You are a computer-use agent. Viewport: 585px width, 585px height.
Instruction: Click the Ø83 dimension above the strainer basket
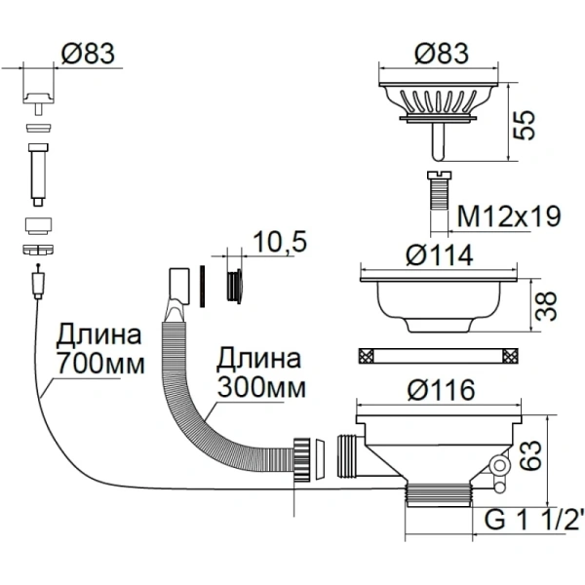point(439,55)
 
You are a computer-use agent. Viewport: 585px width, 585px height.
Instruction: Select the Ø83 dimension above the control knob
point(88,55)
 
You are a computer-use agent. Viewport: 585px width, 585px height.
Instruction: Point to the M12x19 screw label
point(509,215)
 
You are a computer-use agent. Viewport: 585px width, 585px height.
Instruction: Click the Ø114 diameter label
point(438,255)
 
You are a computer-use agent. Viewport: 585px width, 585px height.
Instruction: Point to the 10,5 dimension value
point(275,240)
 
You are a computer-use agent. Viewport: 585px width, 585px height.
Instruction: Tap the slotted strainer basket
point(439,101)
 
